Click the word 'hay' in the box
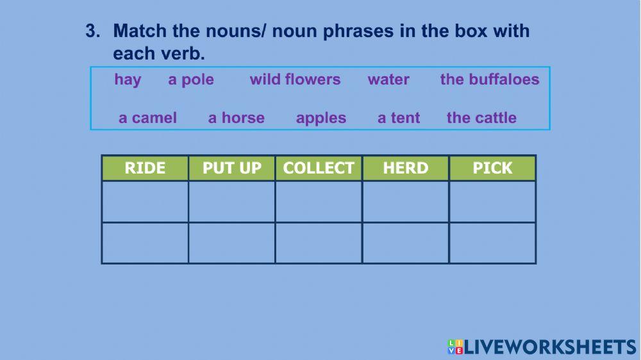pyautogui.click(x=128, y=80)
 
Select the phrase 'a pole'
pyautogui.click(x=191, y=79)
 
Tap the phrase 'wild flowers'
pyautogui.click(x=295, y=79)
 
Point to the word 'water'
pyautogui.click(x=388, y=79)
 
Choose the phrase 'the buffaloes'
pyautogui.click(x=490, y=79)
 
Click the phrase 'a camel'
pyautogui.click(x=147, y=118)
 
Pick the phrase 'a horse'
pyautogui.click(x=237, y=118)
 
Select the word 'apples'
pyautogui.click(x=321, y=119)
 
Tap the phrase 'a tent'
pyautogui.click(x=399, y=118)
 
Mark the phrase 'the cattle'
pyautogui.click(x=481, y=118)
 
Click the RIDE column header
pyautogui.click(x=145, y=168)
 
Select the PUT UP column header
pyautogui.click(x=232, y=168)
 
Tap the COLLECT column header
pyautogui.click(x=319, y=168)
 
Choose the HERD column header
pyautogui.click(x=406, y=168)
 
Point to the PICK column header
pyautogui.click(x=492, y=168)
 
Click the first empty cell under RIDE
pyautogui.click(x=145, y=202)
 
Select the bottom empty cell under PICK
pyautogui.click(x=492, y=243)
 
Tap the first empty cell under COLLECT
pyautogui.click(x=319, y=202)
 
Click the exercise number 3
pyautogui.click(x=93, y=31)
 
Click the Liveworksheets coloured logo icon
pyautogui.click(x=455, y=347)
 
